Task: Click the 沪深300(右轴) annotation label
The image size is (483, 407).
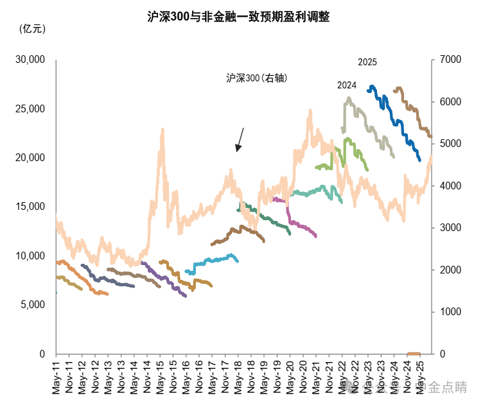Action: click(x=256, y=78)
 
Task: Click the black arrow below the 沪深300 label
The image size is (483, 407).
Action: click(x=240, y=139)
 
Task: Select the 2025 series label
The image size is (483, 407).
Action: click(x=367, y=62)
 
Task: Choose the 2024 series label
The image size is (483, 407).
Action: click(x=347, y=85)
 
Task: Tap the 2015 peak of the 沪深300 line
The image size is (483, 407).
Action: click(x=162, y=130)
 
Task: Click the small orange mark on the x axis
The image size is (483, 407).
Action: click(x=414, y=353)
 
